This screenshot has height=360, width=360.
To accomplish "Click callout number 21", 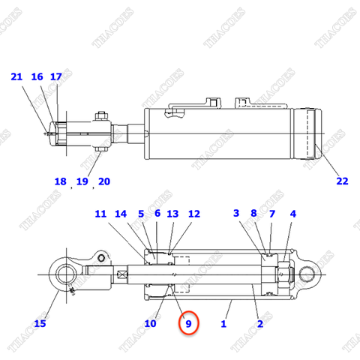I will [x=16, y=76].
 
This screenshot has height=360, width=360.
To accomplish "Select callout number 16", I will [x=37, y=76].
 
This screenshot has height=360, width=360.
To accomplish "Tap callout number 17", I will [x=56, y=76].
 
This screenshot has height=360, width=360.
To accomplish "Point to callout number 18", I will [x=61, y=181].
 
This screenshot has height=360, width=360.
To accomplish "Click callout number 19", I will [x=82, y=181].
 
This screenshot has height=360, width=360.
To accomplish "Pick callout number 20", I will [x=103, y=181].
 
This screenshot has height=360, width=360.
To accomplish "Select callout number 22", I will [x=342, y=181].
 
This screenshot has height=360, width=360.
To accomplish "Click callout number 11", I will [x=100, y=214].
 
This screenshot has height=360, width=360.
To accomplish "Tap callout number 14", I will [x=121, y=214].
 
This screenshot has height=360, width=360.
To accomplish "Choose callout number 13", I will [x=172, y=214].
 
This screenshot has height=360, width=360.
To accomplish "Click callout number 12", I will [x=193, y=214].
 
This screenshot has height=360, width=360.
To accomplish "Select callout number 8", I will [x=253, y=214].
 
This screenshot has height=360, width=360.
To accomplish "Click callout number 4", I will [x=292, y=214].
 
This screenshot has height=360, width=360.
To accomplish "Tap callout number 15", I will [x=40, y=323].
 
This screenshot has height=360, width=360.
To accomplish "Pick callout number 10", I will [x=150, y=323].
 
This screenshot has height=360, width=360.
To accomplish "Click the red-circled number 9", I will [x=189, y=324].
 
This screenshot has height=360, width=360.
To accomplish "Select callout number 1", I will [x=223, y=323].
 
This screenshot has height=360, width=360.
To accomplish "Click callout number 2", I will [x=259, y=323].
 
